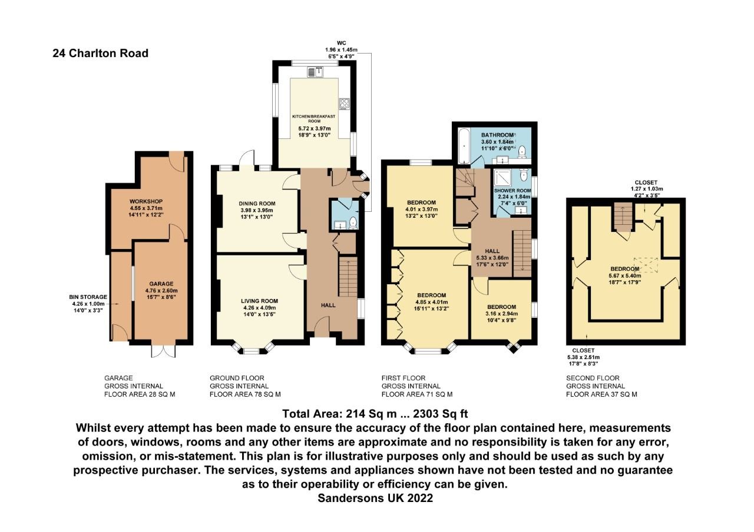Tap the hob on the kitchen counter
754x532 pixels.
tap(343, 104)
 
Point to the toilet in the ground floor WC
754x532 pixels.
tap(353, 222)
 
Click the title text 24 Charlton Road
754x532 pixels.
tap(100, 54)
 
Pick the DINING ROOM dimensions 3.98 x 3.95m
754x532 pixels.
tap(258, 211)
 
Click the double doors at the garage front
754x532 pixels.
tap(163, 350)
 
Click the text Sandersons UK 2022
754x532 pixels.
tap(375, 498)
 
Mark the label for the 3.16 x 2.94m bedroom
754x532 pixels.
tap(501, 307)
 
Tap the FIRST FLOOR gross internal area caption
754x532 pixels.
tap(417, 386)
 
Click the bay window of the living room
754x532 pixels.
tap(252, 350)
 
